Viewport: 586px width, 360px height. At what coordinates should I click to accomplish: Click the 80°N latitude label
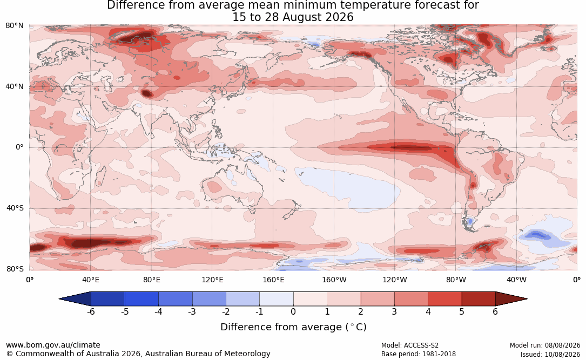coord(14,26)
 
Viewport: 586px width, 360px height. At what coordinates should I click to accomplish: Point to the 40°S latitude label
coord(15,208)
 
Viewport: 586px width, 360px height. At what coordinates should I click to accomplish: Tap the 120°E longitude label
coord(212,280)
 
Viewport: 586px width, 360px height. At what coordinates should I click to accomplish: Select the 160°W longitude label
coord(334,280)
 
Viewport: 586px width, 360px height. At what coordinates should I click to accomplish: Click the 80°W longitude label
coord(456,280)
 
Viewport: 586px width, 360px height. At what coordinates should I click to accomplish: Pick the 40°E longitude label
coord(90,280)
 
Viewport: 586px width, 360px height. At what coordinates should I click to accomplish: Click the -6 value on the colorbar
coord(90,311)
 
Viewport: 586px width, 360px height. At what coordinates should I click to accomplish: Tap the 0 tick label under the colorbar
coord(293,311)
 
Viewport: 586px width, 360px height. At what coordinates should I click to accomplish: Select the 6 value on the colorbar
coord(495,311)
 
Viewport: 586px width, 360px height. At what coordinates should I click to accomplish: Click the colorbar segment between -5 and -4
coord(142,299)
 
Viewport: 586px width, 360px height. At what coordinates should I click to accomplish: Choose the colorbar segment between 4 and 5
coord(444,299)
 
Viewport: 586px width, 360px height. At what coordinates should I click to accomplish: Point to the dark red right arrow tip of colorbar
coord(527,299)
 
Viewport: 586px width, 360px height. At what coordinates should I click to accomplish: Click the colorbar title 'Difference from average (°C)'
coord(293,327)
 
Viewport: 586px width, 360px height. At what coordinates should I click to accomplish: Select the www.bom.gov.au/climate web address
coord(53,345)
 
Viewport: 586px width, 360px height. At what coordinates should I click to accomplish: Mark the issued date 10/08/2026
coord(562,354)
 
